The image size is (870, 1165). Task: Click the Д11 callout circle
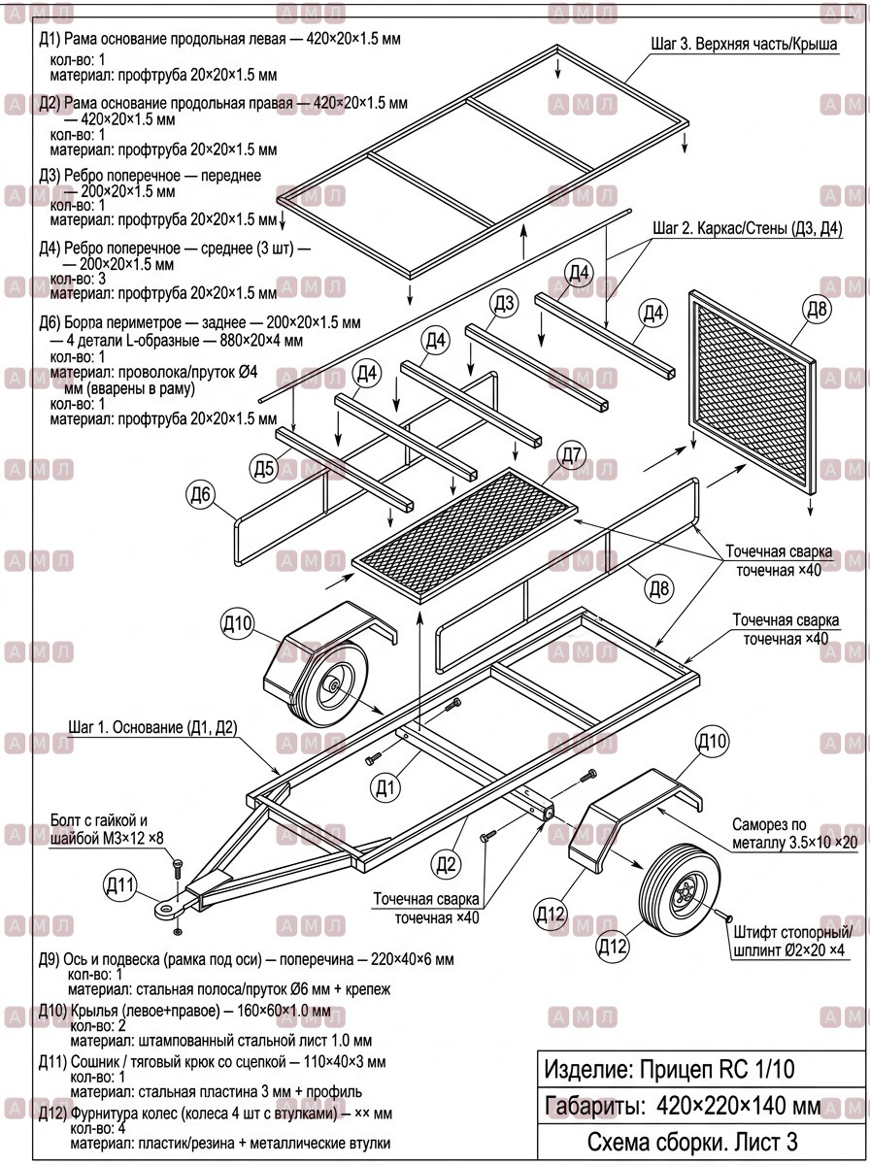point(120,885)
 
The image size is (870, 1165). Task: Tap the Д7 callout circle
point(571,455)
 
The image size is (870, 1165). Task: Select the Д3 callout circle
point(504,303)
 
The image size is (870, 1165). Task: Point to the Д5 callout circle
point(264,468)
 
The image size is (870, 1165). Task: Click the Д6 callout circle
point(201,495)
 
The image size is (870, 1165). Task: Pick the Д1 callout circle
point(385,787)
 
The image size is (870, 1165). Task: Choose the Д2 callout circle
point(446,865)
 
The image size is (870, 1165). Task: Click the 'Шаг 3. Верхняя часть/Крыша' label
point(744,44)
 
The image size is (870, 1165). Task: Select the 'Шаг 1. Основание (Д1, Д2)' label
point(152,726)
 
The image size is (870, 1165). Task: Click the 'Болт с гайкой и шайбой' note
point(107,829)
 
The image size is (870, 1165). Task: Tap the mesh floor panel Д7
point(465,535)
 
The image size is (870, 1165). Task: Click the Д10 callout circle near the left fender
point(237,623)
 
